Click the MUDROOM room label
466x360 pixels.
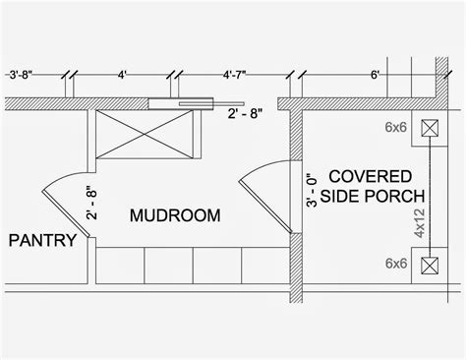pyautogui.click(x=174, y=214)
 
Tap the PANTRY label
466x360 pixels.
pyautogui.click(x=42, y=239)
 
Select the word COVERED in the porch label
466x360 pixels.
pyautogui.click(x=369, y=176)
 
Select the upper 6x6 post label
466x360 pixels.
pyautogui.click(x=396, y=127)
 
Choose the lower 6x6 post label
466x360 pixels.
pyautogui.click(x=396, y=264)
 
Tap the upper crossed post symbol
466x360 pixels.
pyautogui.click(x=429, y=128)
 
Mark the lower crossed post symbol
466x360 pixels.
pyautogui.click(x=429, y=265)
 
